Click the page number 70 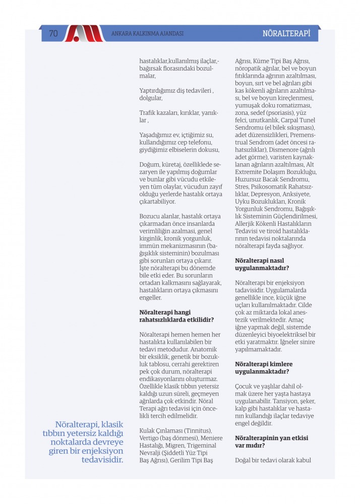[53, 34]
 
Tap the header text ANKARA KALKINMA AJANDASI [147, 34]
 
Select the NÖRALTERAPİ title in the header [286, 34]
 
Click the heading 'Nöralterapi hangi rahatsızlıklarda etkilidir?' [176, 316]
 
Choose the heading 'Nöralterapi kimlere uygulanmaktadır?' [264, 367]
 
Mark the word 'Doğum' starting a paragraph [150, 165]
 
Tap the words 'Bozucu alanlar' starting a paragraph [158, 216]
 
